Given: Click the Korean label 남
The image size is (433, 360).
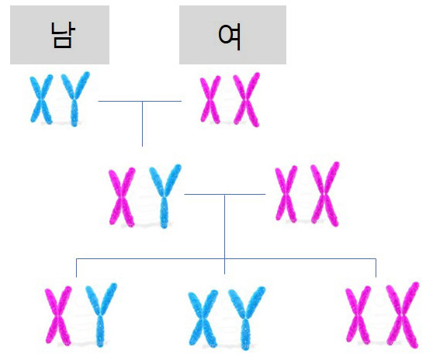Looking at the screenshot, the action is (63, 35).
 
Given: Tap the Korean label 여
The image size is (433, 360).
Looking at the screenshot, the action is (229, 36).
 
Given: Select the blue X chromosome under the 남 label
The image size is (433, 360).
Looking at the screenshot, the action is (41, 99).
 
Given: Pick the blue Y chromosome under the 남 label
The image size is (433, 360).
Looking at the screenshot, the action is (74, 99).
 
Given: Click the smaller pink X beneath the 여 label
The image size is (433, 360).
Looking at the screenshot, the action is (210, 99).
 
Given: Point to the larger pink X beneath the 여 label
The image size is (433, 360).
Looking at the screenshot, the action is (247, 99).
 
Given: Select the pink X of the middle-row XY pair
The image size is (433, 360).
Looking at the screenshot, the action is (122, 196).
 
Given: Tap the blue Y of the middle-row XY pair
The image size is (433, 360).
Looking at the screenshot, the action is (165, 196).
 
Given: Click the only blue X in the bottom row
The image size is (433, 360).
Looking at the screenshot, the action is (203, 317).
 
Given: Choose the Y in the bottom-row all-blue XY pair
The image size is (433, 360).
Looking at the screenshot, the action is (246, 318).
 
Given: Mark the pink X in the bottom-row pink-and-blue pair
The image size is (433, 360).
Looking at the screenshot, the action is (58, 315).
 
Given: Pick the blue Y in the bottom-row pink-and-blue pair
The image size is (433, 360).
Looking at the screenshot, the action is (101, 315).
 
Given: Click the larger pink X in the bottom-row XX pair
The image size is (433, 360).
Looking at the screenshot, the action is (403, 315).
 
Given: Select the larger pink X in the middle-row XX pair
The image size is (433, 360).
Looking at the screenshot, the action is (324, 194).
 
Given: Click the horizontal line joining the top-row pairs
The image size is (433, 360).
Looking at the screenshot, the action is (140, 102).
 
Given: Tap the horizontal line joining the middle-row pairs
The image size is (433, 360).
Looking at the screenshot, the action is (225, 195).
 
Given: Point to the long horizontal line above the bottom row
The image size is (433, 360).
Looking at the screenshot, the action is (226, 258).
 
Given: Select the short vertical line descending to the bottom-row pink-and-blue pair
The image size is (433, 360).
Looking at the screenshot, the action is (76, 268).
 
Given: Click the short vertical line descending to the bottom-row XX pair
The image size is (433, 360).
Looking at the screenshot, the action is (376, 268).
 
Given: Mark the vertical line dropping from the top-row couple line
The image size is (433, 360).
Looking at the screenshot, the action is (143, 124).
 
